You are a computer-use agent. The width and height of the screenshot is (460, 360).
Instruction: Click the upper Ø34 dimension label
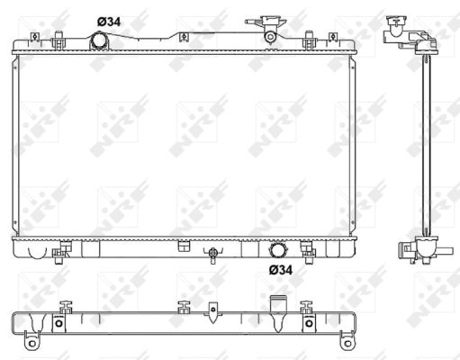pyautogui.click(x=107, y=22)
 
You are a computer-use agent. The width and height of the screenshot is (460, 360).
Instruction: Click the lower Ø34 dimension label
pyautogui.click(x=280, y=268)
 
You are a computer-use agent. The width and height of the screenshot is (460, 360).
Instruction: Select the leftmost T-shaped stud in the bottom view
pyautogui.click(x=65, y=307)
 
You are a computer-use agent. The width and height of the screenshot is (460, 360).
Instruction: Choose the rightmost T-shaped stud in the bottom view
pyautogui.click(x=309, y=307)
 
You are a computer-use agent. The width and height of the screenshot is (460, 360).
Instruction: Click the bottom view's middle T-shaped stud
pyautogui.click(x=183, y=307)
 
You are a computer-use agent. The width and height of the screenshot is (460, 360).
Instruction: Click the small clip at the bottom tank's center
pyautogui.click(x=183, y=246)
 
